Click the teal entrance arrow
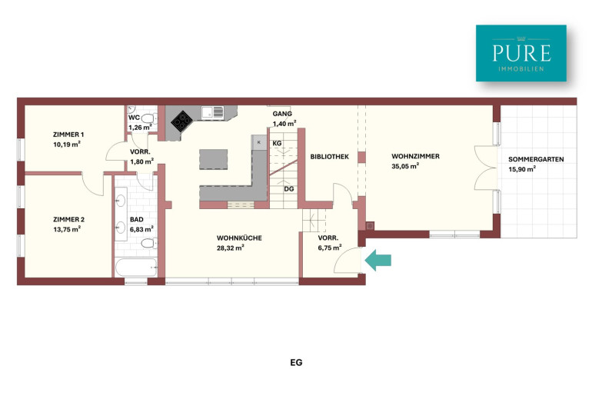(x=378, y=260)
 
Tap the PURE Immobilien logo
(x=521, y=53)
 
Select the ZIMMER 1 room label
(x=68, y=135)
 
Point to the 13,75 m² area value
(x=67, y=229)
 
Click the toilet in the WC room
(x=148, y=119)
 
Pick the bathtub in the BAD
(x=136, y=268)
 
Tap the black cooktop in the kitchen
(x=182, y=121)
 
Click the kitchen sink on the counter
(x=212, y=112)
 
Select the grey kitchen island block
(x=213, y=160)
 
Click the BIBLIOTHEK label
(x=330, y=157)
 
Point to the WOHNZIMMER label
(x=415, y=156)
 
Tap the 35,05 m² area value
(x=405, y=166)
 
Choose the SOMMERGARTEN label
(x=536, y=159)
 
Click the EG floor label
(x=296, y=362)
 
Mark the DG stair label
(x=289, y=188)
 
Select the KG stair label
(x=277, y=144)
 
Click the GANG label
(x=282, y=114)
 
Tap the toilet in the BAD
(x=148, y=243)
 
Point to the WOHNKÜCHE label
(x=239, y=238)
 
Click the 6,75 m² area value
(x=330, y=248)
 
